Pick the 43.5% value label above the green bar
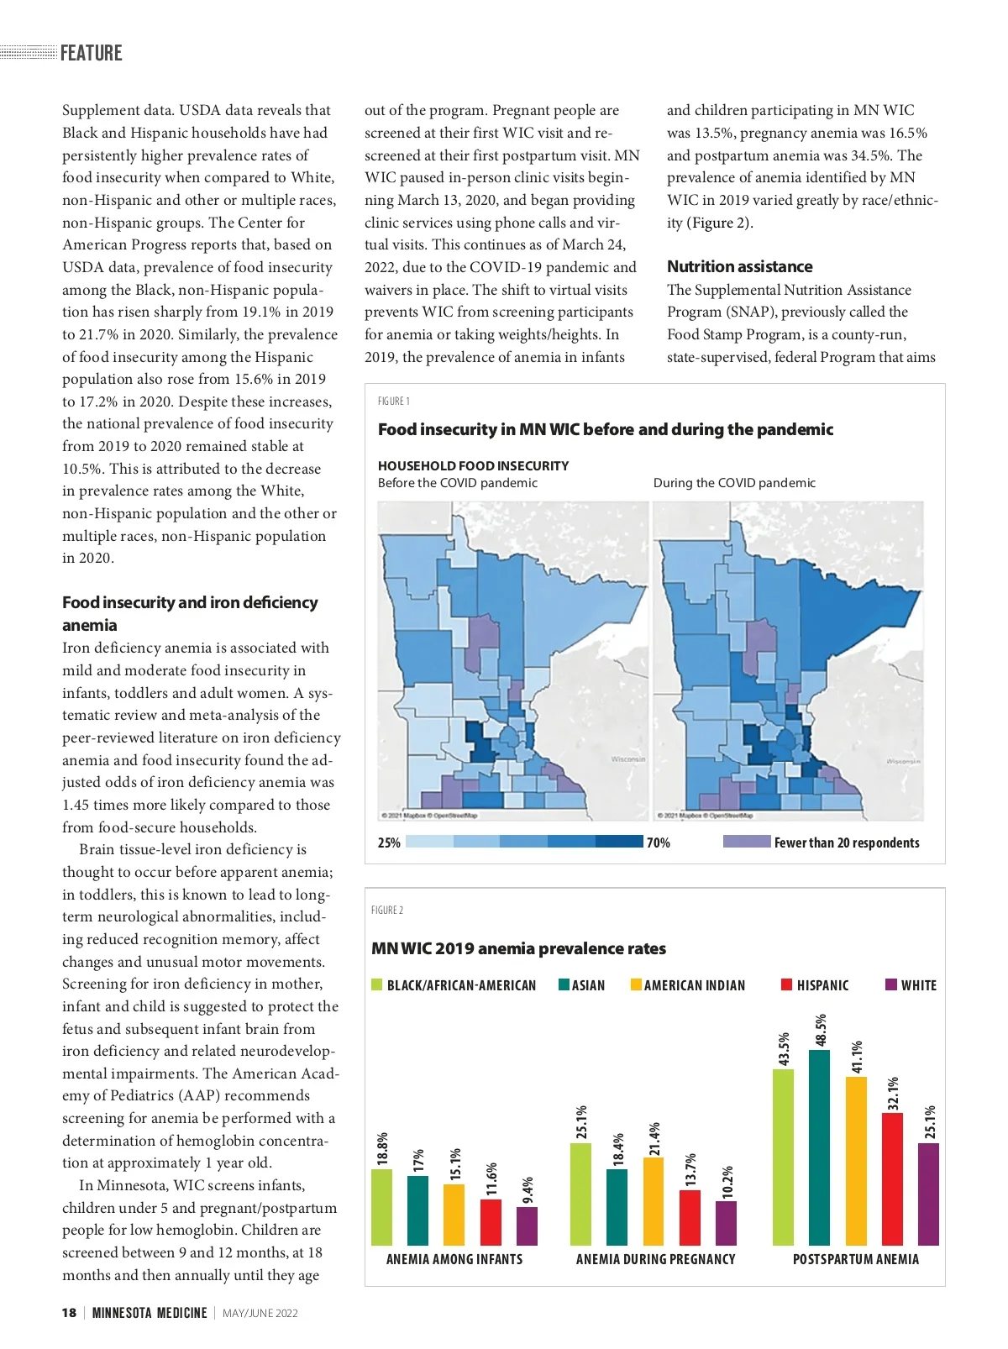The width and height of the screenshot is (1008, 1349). click(785, 1049)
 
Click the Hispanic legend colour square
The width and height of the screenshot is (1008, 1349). click(787, 984)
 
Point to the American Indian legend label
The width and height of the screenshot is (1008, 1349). click(694, 985)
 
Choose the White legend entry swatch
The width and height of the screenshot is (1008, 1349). click(891, 984)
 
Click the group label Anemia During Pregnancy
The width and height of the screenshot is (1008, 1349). click(655, 1259)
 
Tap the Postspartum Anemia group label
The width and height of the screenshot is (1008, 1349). click(855, 1259)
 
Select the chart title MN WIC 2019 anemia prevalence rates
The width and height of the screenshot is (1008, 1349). click(518, 948)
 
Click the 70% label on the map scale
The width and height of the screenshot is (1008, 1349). click(659, 842)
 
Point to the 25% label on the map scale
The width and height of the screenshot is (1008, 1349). click(389, 842)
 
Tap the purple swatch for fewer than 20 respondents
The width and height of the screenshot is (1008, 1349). click(746, 842)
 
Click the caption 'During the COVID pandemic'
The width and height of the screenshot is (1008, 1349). click(734, 483)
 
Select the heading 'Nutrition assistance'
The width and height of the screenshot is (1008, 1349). click(739, 266)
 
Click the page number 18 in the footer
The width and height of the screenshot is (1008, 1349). click(69, 1313)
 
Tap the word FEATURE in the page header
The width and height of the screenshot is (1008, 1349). click(92, 53)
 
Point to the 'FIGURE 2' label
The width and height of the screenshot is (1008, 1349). click(387, 910)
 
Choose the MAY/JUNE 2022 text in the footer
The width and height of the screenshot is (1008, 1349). click(260, 1313)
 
